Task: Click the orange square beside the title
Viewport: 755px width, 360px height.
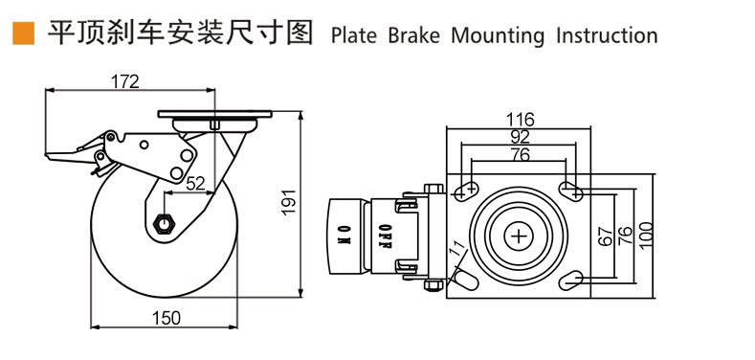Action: coord(20,34)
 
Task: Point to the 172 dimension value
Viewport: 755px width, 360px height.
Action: coord(124,82)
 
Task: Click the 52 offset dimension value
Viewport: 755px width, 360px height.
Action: coord(195,185)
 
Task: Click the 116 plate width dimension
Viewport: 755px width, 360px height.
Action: coord(520,120)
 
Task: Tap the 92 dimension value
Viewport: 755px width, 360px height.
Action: coord(520,137)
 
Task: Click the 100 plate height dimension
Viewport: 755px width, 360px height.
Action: coord(647,236)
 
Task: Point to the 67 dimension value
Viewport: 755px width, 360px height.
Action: coord(605,236)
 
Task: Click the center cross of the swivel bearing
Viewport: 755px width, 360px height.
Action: coord(520,236)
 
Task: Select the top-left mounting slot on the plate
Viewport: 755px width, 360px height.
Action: coord(467,190)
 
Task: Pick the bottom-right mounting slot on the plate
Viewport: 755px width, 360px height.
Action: coord(571,280)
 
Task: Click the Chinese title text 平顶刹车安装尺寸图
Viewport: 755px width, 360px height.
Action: coord(180,34)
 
